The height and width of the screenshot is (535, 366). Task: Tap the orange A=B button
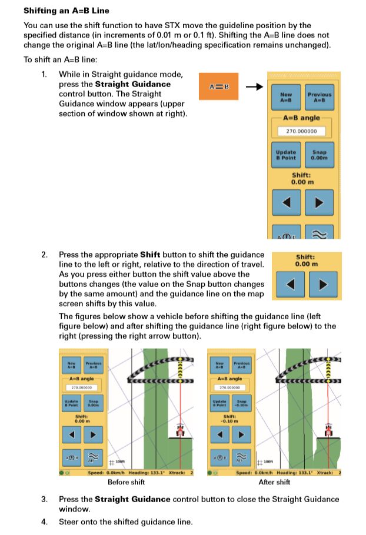coord(218,87)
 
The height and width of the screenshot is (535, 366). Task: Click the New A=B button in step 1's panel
coord(286,96)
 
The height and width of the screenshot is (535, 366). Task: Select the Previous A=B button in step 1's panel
coord(319,96)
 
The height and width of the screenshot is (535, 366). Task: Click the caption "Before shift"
coord(127,482)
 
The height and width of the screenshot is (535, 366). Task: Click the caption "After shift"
coord(274,482)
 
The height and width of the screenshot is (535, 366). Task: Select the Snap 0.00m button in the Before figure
coord(93,403)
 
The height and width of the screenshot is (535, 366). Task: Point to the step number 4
coord(44,521)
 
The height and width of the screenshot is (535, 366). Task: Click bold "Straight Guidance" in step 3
coord(130,499)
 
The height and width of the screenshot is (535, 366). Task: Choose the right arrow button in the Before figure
coord(93,436)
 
